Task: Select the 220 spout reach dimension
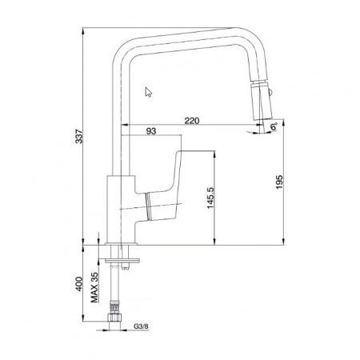click(192, 121)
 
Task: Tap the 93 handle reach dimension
click(151, 131)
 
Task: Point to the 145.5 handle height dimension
click(210, 198)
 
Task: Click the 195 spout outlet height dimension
click(279, 182)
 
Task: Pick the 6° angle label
click(274, 126)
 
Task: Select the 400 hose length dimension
click(78, 284)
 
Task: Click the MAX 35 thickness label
click(94, 287)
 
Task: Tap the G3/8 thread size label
click(141, 326)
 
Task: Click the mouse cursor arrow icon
click(148, 92)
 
